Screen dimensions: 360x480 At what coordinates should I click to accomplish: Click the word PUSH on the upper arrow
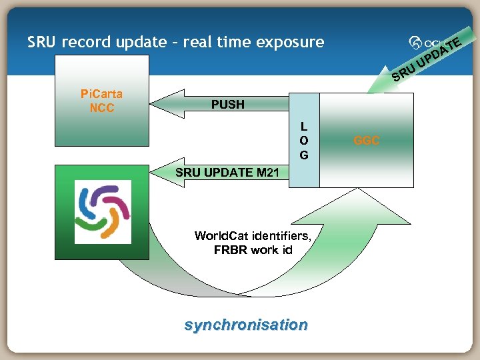(x=228, y=105)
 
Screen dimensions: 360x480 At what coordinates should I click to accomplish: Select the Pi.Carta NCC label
(x=101, y=101)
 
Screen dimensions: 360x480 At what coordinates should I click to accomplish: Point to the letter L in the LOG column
(x=304, y=126)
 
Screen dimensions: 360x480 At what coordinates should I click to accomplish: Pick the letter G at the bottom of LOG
(x=304, y=155)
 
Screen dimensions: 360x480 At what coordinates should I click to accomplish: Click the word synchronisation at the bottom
(x=246, y=325)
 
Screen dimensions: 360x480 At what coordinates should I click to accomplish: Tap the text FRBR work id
(x=253, y=250)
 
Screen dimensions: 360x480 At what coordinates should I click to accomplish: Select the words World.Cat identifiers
(x=253, y=235)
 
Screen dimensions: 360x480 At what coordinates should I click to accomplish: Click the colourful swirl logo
(x=103, y=212)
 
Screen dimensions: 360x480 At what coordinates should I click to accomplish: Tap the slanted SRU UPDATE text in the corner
(x=427, y=59)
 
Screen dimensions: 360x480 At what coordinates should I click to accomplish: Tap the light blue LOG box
(x=304, y=140)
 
